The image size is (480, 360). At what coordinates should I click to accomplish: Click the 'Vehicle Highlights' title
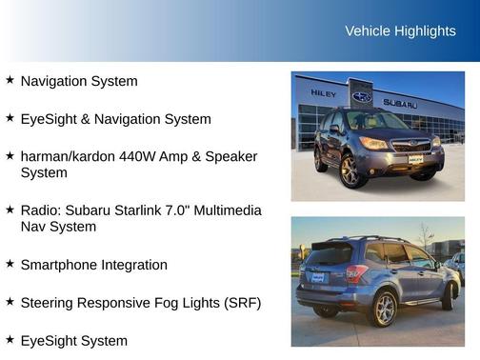tap(400, 31)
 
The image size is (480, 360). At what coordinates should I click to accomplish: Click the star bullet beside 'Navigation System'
tap(10, 81)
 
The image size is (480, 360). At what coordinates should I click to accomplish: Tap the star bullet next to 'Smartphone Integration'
tap(10, 264)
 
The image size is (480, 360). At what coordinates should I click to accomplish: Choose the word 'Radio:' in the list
tap(42, 210)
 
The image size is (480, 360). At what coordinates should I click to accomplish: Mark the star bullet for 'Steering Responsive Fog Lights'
tap(10, 302)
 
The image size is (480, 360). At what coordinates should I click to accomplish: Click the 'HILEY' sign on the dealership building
tap(324, 94)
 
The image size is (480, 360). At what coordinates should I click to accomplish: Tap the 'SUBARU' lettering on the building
tap(400, 103)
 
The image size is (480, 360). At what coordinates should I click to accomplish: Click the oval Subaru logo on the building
tap(362, 96)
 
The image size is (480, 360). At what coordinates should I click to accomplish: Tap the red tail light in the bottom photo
tap(356, 273)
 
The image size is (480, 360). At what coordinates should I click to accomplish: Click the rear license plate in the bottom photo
tap(317, 278)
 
